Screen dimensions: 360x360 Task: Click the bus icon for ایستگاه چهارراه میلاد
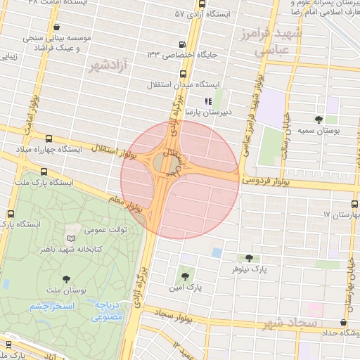pos(48,139)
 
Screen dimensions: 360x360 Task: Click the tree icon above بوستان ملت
pos(67,281)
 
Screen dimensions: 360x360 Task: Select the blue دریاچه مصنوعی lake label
pos(108,311)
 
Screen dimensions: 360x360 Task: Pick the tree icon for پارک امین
pos(185,276)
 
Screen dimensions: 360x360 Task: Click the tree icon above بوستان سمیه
pos(319,120)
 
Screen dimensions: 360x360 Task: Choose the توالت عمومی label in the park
pos(105,230)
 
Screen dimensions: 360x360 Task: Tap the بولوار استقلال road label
pos(104,148)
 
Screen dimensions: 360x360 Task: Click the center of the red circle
pos(179,179)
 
